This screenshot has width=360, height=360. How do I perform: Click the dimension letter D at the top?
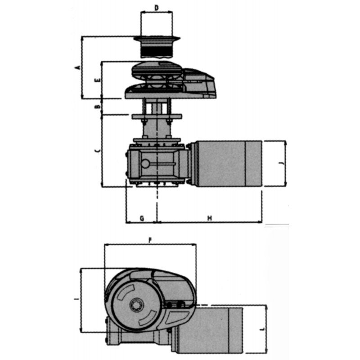coord(156,8)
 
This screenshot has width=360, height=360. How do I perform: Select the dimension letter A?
coord(77,67)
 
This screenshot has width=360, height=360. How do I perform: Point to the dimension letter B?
coord(98,107)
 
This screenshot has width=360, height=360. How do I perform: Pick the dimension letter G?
coord(141,218)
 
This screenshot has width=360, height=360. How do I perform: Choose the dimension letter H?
coord(210,218)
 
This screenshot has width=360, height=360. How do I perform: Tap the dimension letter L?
coord(262,329)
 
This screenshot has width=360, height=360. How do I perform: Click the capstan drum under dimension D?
coord(156,47)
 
